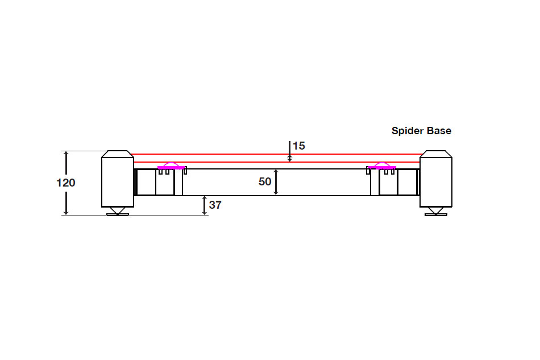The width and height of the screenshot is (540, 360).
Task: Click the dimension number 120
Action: click(x=66, y=183)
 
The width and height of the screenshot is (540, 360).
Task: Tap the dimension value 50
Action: click(x=265, y=182)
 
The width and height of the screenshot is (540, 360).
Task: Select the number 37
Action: click(x=215, y=205)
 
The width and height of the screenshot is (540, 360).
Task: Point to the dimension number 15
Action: click(x=299, y=146)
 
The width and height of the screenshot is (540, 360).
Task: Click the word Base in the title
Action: click(x=440, y=131)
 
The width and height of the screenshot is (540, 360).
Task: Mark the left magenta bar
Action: click(x=172, y=168)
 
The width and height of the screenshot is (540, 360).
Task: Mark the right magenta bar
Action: click(x=382, y=168)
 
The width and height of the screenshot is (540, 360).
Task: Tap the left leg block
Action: click(x=118, y=181)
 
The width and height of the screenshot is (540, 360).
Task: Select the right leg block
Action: click(x=436, y=181)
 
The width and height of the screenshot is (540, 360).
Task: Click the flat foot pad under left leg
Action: click(x=118, y=214)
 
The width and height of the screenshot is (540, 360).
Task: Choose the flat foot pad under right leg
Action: click(x=436, y=214)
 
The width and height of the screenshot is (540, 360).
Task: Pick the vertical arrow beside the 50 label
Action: click(x=276, y=183)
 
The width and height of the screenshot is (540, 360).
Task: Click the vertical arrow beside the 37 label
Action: click(x=205, y=205)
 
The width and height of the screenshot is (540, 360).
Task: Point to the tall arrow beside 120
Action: click(x=67, y=165)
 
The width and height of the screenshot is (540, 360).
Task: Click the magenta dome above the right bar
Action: click(x=382, y=164)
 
